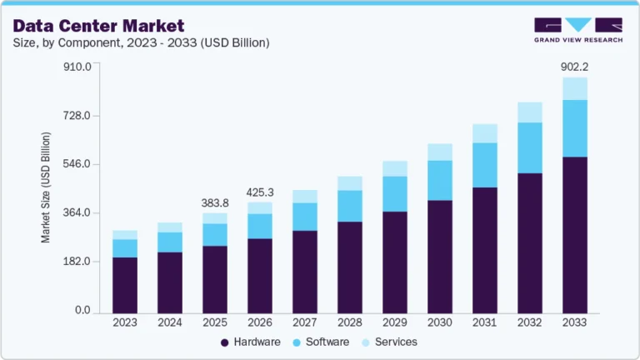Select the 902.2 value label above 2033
click(x=574, y=67)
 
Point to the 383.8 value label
click(x=215, y=202)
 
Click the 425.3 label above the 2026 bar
click(x=260, y=192)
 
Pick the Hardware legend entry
click(x=249, y=342)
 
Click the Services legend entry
click(x=388, y=342)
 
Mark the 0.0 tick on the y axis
click(x=82, y=310)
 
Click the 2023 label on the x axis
click(x=125, y=322)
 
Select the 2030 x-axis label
click(x=439, y=322)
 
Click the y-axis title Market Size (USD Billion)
click(x=47, y=187)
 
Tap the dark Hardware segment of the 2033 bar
click(x=574, y=233)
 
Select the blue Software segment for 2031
click(x=484, y=165)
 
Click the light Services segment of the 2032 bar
click(x=529, y=112)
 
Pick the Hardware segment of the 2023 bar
click(x=125, y=283)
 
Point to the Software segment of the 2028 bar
click(x=349, y=206)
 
